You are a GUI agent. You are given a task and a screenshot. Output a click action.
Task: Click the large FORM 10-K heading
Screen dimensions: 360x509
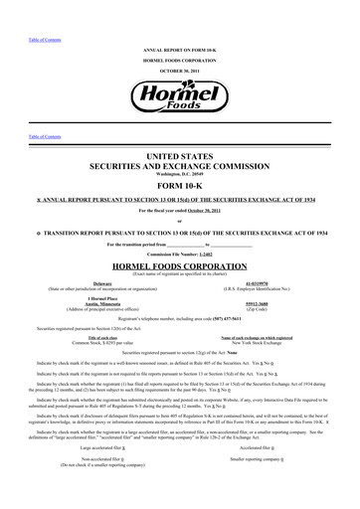coord(179,185)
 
